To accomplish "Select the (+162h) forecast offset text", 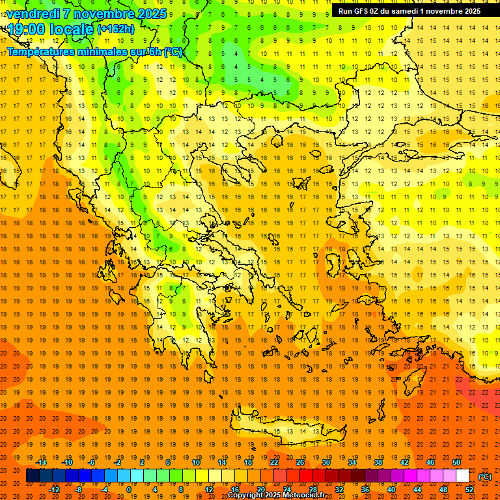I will [115, 29].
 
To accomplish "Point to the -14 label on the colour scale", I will [40, 462].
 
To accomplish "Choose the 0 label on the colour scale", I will [128, 490].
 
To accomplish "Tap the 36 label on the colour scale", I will [365, 490].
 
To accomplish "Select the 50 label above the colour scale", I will [456, 462].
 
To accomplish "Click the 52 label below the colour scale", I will [469, 490].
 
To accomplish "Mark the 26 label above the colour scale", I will [300, 462].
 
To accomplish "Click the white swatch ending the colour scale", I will [462, 476].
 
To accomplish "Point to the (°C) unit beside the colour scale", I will [486, 477].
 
